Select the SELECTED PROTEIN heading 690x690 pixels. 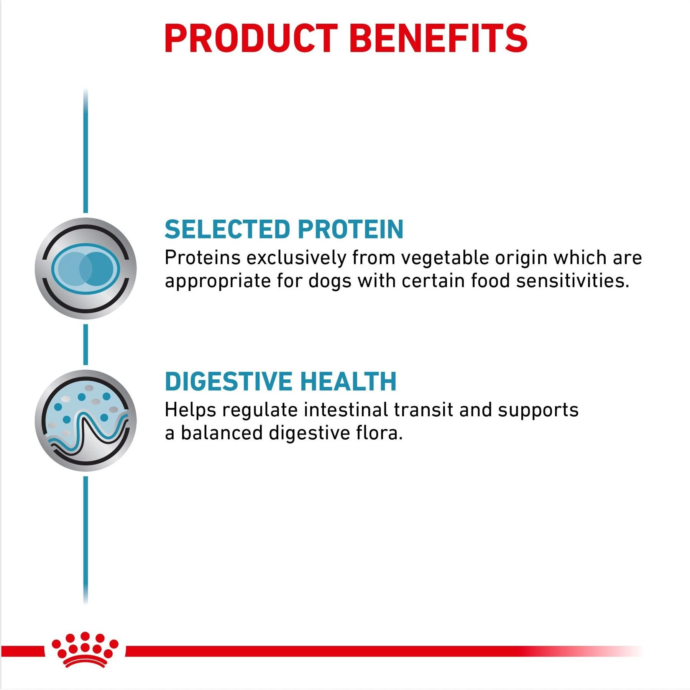tap(284, 229)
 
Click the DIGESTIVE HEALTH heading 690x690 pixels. tap(281, 381)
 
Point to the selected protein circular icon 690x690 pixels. tap(85, 268)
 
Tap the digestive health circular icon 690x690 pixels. tap(85, 421)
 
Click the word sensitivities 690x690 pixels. tap(573, 281)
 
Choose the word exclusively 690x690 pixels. tap(296, 258)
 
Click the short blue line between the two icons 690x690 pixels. tap(85, 344)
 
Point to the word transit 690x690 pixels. tap(424, 410)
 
